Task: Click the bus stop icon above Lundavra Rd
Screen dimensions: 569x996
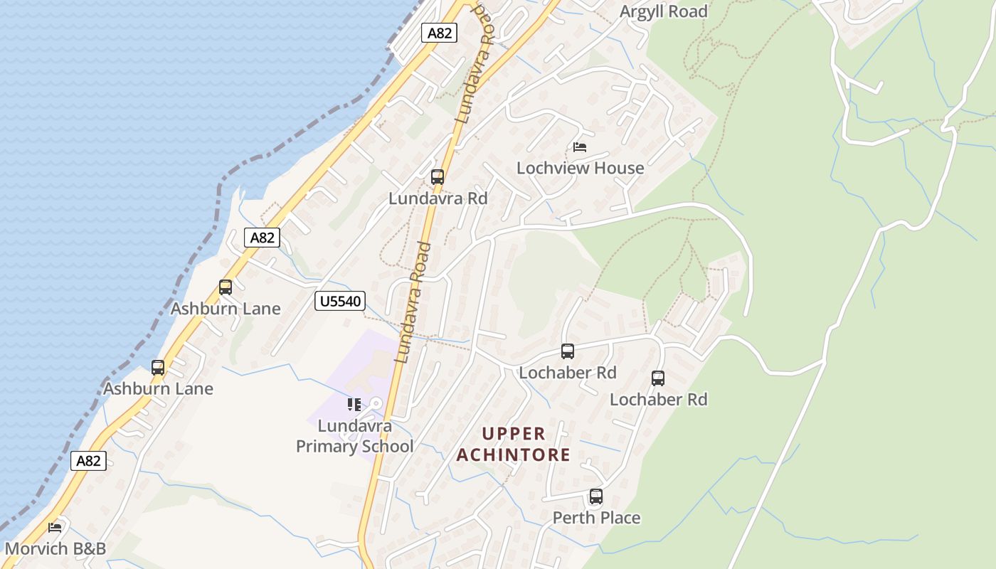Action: tap(438, 176)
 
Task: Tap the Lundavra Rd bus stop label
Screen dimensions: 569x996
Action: tap(438, 198)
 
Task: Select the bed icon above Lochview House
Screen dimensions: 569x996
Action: tap(580, 147)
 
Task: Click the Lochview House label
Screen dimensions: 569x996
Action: tap(580, 169)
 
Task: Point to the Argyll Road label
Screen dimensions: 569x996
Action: tap(663, 11)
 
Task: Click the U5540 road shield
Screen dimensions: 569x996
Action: tap(340, 302)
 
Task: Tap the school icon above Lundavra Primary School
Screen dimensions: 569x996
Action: tap(354, 405)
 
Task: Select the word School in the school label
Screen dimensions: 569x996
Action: tap(386, 447)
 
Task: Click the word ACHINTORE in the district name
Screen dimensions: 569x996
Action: tap(513, 454)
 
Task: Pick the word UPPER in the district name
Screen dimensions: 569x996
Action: tap(513, 434)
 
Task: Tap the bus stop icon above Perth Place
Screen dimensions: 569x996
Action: tap(596, 496)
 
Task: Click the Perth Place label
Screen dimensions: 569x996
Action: tap(596, 518)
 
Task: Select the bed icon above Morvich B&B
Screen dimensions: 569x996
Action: tap(55, 528)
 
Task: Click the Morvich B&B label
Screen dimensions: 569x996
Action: tap(55, 549)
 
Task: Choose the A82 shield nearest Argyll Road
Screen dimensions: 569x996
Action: tap(439, 33)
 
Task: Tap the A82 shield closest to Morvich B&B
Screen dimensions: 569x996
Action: tap(89, 461)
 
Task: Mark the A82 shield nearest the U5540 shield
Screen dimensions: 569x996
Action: tap(263, 238)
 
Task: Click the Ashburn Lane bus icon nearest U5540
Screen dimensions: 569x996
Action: tap(226, 287)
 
